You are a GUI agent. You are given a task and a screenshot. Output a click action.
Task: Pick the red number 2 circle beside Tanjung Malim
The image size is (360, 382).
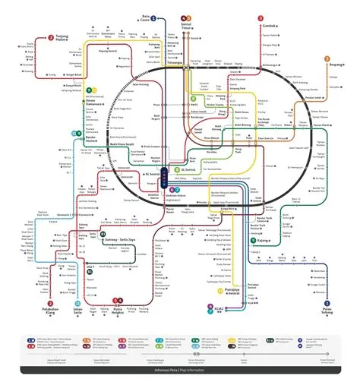50,36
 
